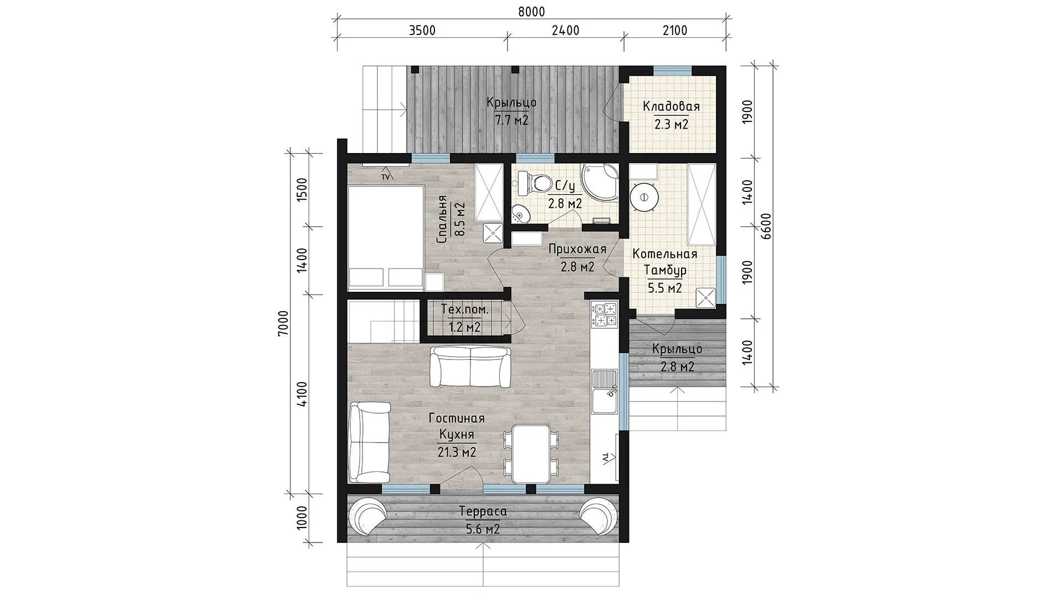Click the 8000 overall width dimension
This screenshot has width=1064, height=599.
[x=532, y=12]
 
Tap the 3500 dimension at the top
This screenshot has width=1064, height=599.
[x=422, y=30]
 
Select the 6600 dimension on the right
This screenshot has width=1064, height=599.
[x=766, y=226]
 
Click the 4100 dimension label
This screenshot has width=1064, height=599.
[x=302, y=395]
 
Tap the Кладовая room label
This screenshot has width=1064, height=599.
[x=671, y=106]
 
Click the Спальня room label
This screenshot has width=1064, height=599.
[x=442, y=220]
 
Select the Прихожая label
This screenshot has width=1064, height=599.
[x=577, y=249]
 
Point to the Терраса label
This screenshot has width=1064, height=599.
[x=483, y=511]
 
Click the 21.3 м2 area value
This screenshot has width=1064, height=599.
[x=457, y=453]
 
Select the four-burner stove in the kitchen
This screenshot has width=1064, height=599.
[x=605, y=314]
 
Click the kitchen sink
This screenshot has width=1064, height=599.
[x=605, y=392]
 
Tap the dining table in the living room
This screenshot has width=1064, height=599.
[x=531, y=454]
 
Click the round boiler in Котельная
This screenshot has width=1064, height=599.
[x=644, y=197]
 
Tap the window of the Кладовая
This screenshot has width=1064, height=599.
[x=672, y=70]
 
